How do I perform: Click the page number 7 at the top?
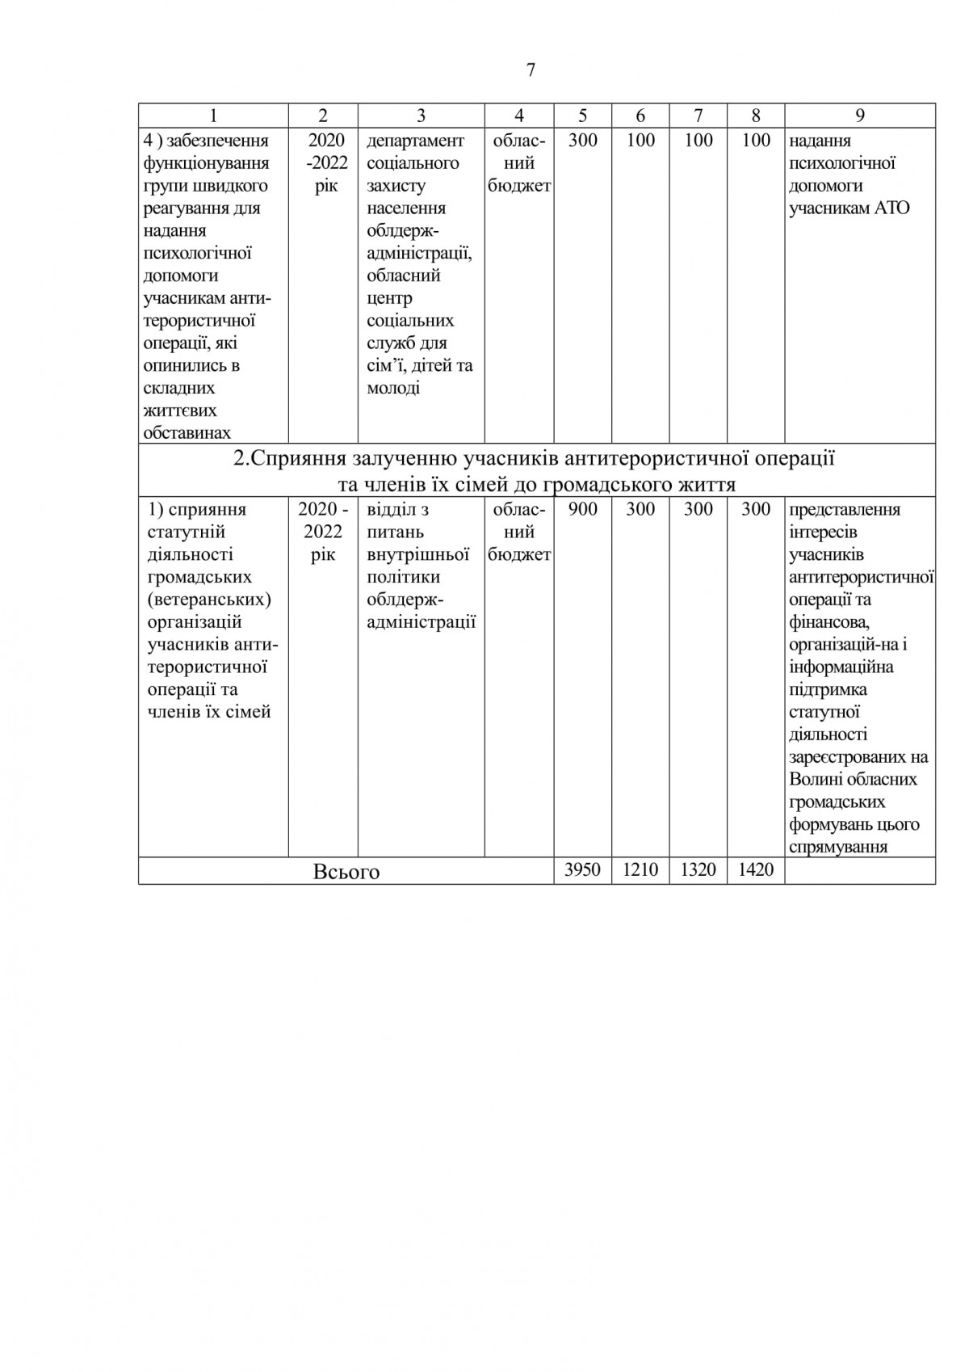pyautogui.click(x=531, y=70)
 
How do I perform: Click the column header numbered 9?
pyautogui.click(x=860, y=116)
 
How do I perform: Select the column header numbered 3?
pyautogui.click(x=421, y=116)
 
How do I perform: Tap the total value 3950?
pyautogui.click(x=582, y=870)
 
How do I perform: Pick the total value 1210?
pyautogui.click(x=640, y=870)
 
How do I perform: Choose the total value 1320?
pyautogui.click(x=698, y=870)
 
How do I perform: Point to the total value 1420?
pyautogui.click(x=756, y=870)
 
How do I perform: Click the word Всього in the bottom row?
pyautogui.click(x=346, y=872)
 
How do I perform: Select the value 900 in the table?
pyautogui.click(x=582, y=510)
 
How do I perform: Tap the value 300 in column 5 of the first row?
pyautogui.click(x=582, y=141)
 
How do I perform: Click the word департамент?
pyautogui.click(x=416, y=141)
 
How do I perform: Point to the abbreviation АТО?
pyautogui.click(x=891, y=208)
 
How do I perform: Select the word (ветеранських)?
pyautogui.click(x=210, y=600)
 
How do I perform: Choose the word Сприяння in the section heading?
pyautogui.click(x=297, y=460)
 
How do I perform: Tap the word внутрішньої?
pyautogui.click(x=418, y=555)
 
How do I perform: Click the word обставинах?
pyautogui.click(x=187, y=433)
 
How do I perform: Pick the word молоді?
pyautogui.click(x=393, y=388)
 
